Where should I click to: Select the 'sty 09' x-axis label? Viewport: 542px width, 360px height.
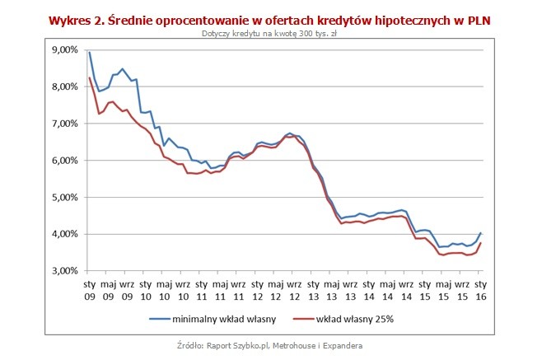point(89,291)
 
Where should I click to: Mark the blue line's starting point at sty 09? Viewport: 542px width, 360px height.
point(89,52)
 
